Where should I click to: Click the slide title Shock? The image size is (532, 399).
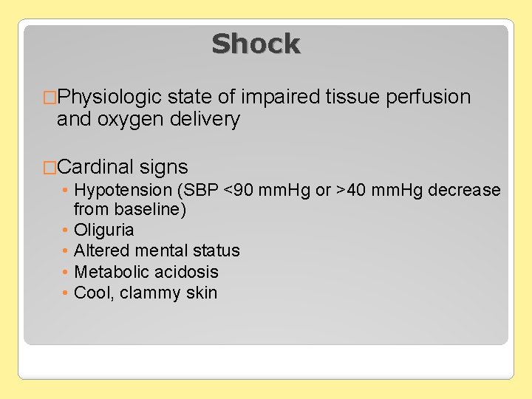point(256,44)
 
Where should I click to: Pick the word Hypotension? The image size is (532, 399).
point(123,191)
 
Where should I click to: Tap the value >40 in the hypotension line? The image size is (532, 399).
point(355,191)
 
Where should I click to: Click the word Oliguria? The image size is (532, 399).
point(104,231)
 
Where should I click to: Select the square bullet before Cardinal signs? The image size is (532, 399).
point(50,168)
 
